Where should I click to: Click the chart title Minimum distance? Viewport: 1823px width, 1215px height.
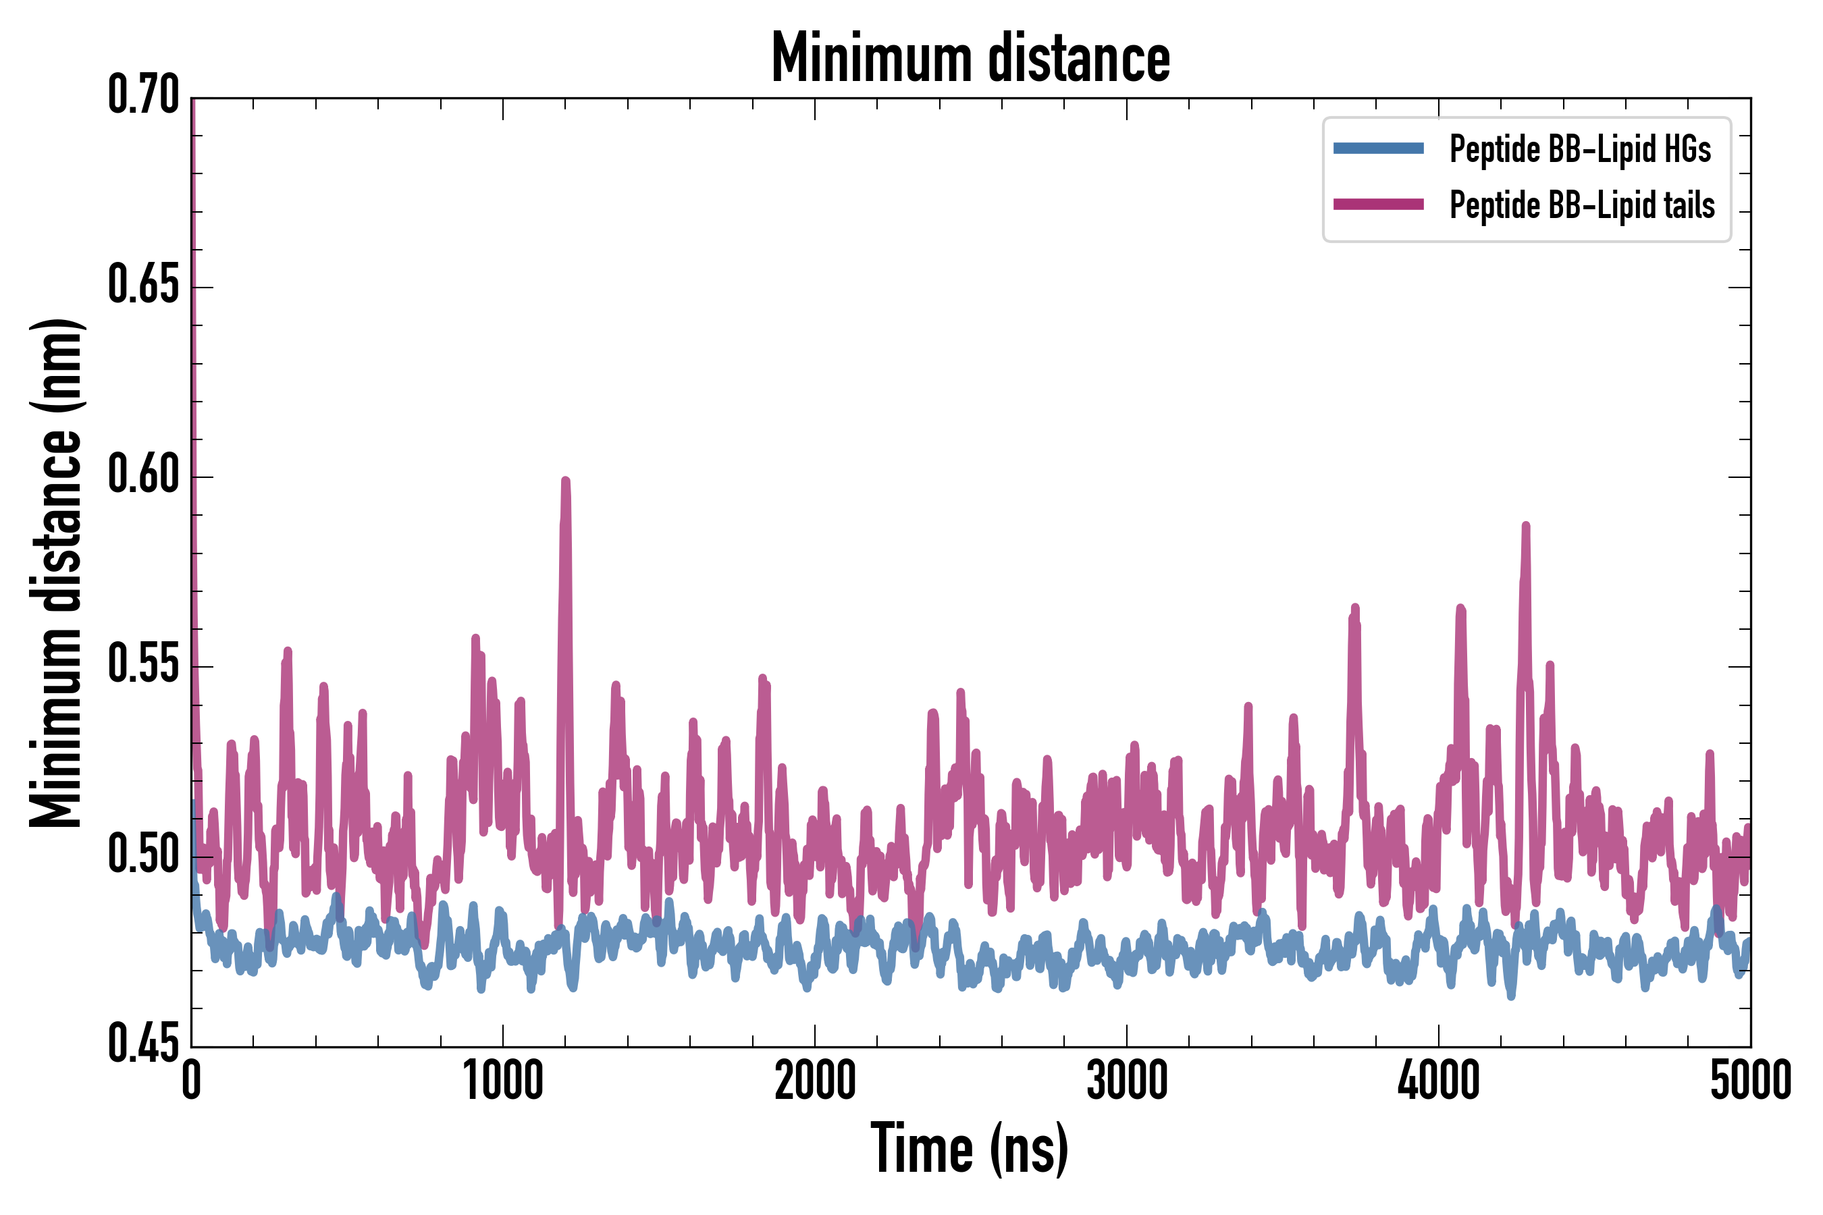(x=970, y=58)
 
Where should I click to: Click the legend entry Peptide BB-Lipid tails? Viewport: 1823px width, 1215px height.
(x=1582, y=205)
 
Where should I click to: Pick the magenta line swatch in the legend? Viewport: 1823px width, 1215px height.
(x=1378, y=205)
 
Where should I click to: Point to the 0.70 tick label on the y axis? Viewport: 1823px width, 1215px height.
(x=143, y=96)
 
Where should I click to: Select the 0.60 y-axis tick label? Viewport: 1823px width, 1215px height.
(x=143, y=476)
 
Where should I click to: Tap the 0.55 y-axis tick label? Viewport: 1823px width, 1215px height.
(x=143, y=666)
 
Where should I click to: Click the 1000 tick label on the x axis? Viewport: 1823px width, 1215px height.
(x=503, y=1081)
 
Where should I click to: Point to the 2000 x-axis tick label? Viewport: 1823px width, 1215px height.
(x=815, y=1081)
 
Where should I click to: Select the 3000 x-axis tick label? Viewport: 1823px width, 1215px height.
(x=1126, y=1081)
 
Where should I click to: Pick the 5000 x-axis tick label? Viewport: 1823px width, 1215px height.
(x=1749, y=1081)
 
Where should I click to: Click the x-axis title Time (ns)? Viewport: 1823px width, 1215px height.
(x=969, y=1149)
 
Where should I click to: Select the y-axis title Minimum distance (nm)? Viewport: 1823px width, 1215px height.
(x=56, y=573)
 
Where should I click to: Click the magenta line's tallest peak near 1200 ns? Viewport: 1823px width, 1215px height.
(x=565, y=482)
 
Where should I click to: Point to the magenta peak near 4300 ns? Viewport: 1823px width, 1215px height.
(x=1525, y=527)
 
